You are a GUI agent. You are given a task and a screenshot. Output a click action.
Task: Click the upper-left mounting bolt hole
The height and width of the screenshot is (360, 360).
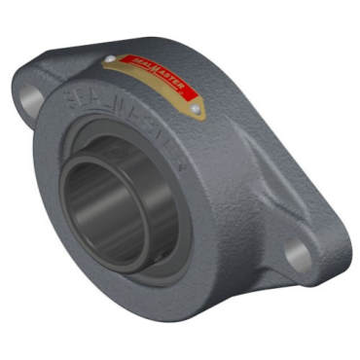(x=28, y=97)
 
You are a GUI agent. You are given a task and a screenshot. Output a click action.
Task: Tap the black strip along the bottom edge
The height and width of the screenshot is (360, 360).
(x=180, y=343)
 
